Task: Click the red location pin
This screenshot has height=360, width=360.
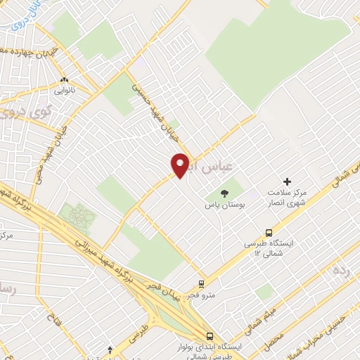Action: point(181,165)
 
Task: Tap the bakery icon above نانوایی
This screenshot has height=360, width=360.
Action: point(64,80)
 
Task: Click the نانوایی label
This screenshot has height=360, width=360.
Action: point(64,91)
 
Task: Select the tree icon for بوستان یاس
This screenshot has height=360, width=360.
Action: point(225,193)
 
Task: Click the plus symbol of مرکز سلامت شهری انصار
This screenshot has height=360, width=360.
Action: point(287,181)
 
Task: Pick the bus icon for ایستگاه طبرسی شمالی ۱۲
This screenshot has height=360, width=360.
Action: point(269,233)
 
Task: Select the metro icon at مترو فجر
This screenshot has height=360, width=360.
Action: point(202,285)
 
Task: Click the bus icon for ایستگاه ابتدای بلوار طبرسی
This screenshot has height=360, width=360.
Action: point(210,336)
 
